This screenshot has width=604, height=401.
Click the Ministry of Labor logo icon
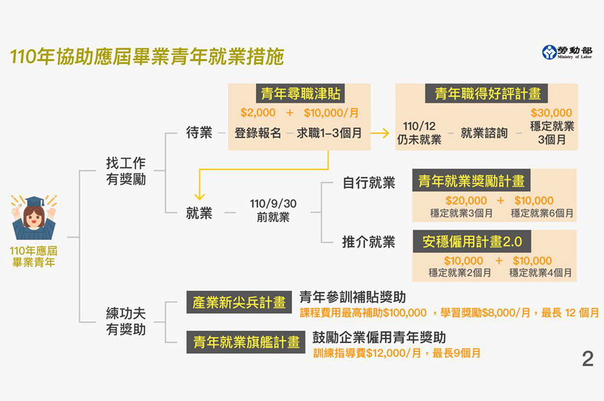pyautogui.click(x=549, y=52)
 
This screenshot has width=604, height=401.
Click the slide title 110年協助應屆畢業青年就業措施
pyautogui.click(x=147, y=57)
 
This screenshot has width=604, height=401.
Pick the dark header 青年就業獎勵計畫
pyautogui.click(x=471, y=180)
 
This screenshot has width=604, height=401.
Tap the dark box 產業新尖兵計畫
pyautogui.click(x=239, y=303)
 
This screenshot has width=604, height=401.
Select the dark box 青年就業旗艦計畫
pyautogui.click(x=246, y=341)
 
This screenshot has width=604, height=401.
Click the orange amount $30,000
pyautogui.click(x=551, y=113)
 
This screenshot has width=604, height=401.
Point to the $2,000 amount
pyautogui.click(x=258, y=113)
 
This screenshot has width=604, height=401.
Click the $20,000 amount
pyautogui.click(x=466, y=200)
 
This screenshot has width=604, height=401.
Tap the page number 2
pyautogui.click(x=587, y=359)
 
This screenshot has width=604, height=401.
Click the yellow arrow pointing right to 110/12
pyautogui.click(x=380, y=133)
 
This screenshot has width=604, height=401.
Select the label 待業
pyautogui.click(x=199, y=133)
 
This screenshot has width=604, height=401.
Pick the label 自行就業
pyautogui.click(x=369, y=183)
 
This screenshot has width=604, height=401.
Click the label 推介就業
pyautogui.click(x=369, y=242)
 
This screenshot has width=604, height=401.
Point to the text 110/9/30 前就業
pyautogui.click(x=273, y=211)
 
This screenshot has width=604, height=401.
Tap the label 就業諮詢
pyautogui.click(x=484, y=133)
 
